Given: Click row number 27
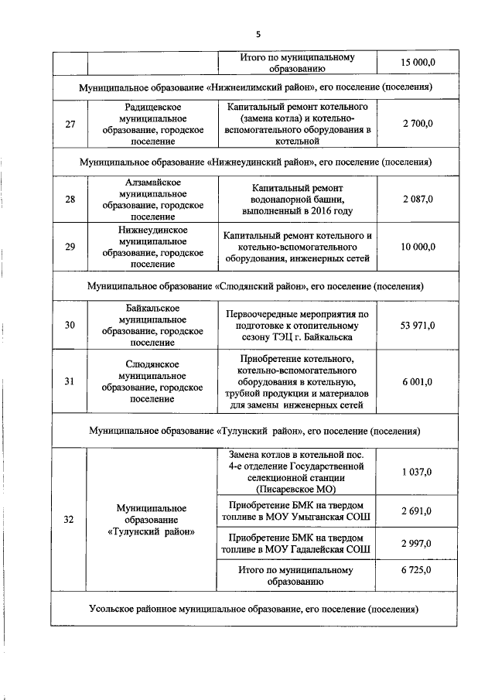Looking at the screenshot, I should point(70,124).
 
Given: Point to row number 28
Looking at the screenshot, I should point(70,200).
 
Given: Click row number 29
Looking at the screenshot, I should point(70,247).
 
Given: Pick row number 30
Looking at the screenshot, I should point(70,326).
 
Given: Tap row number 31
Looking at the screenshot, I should point(70,381).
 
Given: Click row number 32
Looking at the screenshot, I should point(70,519).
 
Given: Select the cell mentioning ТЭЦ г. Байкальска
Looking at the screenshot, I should point(296,326).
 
